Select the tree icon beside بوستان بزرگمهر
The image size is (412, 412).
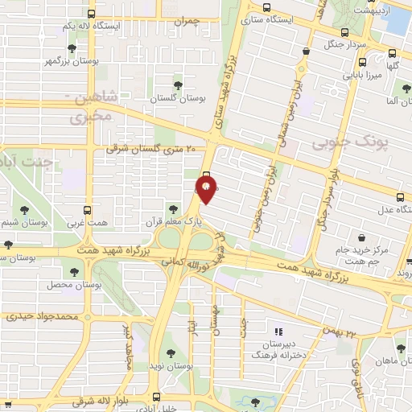pos(73,48)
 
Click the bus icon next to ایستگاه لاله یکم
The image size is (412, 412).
pos(89,14)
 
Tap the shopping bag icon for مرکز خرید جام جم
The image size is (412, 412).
pos(363,237)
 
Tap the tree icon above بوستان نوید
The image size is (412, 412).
pos(169,352)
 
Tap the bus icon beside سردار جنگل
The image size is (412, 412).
pos(345,33)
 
